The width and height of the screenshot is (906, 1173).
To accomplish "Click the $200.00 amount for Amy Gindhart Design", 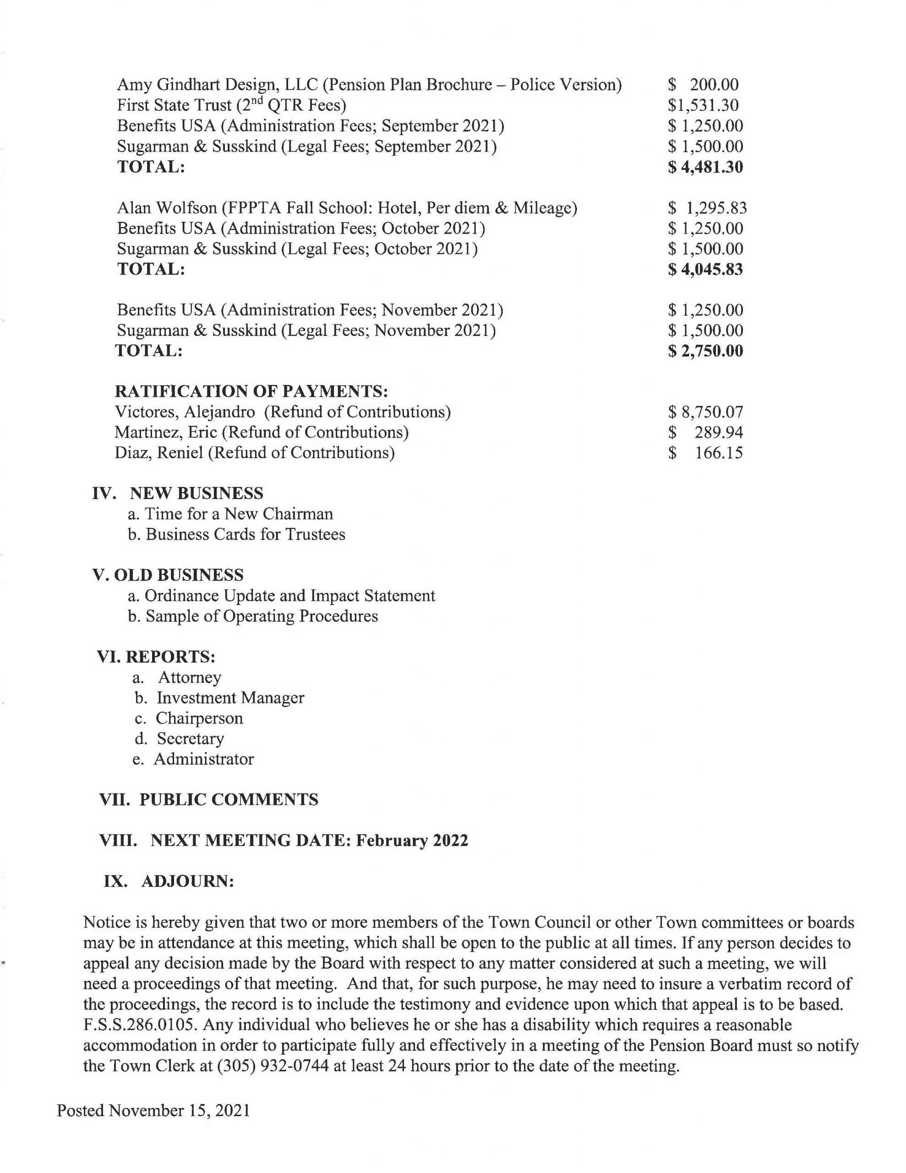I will (703, 84).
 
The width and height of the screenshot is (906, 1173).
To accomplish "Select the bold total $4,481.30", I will (705, 167).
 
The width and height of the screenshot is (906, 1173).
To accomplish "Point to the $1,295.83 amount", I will (707, 208).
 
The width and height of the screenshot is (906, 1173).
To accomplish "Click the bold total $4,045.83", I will (705, 269).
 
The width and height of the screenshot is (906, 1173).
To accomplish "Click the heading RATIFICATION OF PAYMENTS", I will (251, 391).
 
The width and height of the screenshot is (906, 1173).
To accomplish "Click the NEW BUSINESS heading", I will (196, 493).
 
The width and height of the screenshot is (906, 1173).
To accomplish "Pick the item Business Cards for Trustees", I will (246, 534).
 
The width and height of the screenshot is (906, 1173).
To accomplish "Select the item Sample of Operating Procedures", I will (262, 616).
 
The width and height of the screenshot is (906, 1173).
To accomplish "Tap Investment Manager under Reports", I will (230, 698).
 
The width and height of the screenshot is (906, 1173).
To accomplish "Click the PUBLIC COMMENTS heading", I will (229, 800).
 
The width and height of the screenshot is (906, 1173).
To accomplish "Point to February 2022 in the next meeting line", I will (412, 840).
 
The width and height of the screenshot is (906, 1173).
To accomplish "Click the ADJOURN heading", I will (187, 882).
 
